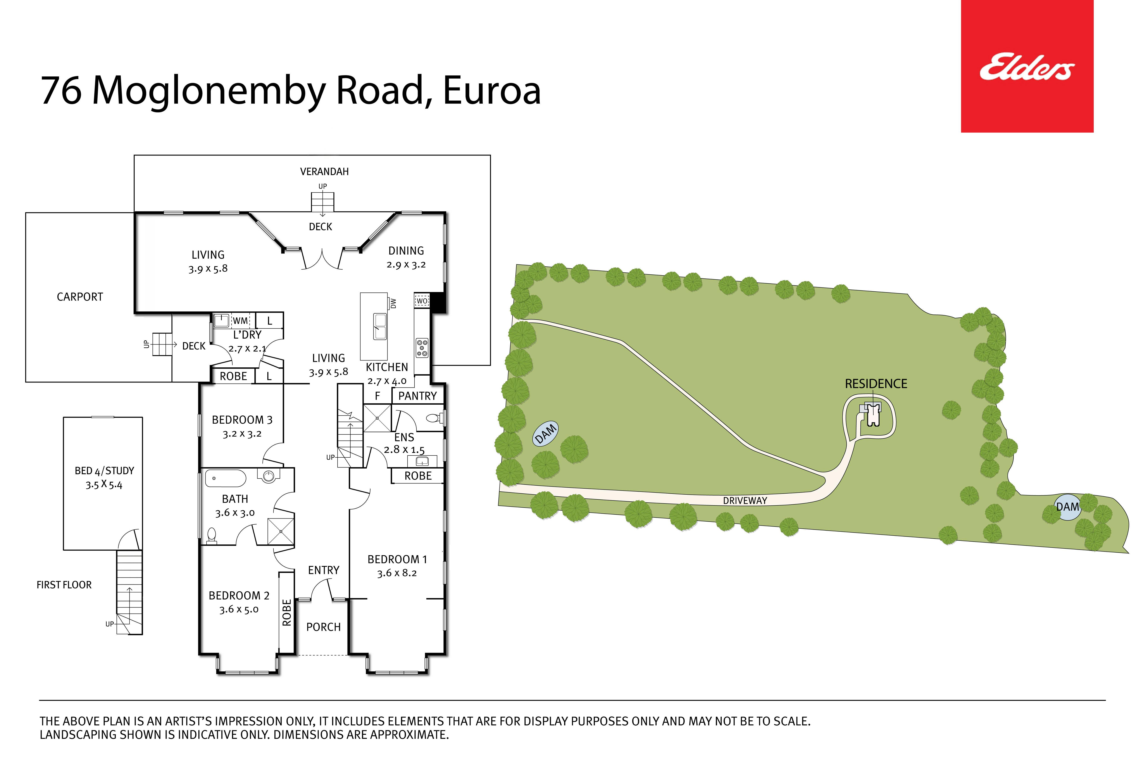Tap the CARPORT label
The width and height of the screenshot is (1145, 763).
(x=80, y=297)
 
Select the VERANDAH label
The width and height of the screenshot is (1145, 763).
(x=324, y=171)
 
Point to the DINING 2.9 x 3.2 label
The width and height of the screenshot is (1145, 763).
(x=406, y=257)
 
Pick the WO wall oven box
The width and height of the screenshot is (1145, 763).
(x=422, y=301)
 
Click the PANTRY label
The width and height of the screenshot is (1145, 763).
(x=417, y=396)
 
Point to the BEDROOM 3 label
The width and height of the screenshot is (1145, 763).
(x=242, y=420)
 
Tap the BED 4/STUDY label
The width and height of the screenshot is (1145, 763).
(x=104, y=471)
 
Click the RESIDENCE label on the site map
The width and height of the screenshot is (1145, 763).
(x=876, y=384)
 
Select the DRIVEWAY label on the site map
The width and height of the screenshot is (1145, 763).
(x=745, y=500)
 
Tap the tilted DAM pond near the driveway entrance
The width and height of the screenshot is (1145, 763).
(x=545, y=433)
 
